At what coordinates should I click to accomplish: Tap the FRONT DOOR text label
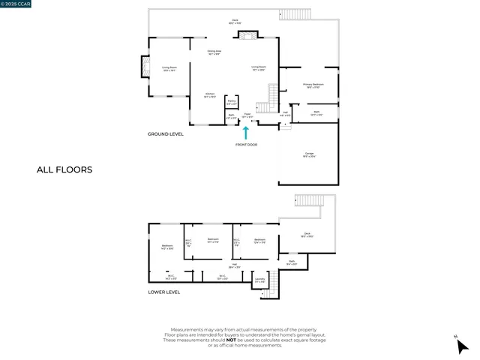point(246,144)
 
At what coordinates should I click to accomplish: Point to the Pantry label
point(232,101)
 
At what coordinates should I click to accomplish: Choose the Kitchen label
point(210,95)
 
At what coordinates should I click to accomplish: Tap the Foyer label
point(247,116)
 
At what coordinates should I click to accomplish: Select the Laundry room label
point(260,280)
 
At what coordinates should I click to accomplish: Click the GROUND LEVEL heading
point(166,134)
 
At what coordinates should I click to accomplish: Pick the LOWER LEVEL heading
point(164,292)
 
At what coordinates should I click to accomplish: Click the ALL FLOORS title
point(64,169)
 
